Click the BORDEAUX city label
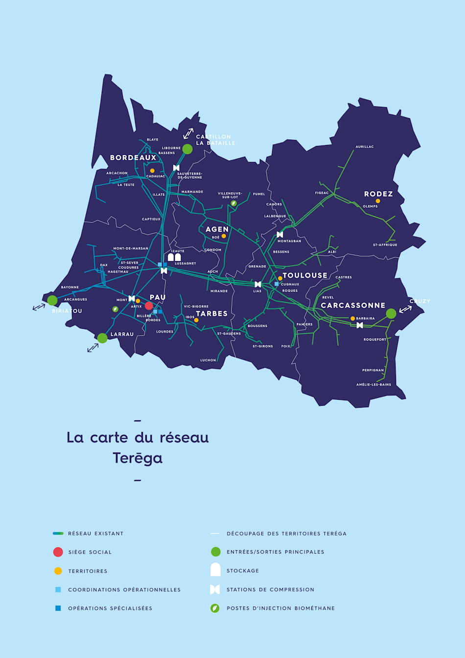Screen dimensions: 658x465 (133, 158)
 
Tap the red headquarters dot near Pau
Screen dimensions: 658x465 (149, 306)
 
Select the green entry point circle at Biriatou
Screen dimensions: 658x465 (52, 300)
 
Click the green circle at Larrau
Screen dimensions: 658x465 (102, 338)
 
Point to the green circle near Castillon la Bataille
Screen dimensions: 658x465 (187, 149)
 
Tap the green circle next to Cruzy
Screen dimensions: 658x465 (391, 314)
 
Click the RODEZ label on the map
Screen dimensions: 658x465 (378, 194)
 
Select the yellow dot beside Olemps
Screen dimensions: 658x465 (378, 201)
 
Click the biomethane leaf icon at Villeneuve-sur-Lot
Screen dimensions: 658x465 (234, 203)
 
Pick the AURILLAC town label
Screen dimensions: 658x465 (365, 146)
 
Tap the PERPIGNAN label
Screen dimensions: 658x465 (373, 370)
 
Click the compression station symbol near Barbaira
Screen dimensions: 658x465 (360, 325)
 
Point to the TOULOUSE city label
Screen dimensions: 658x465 (305, 275)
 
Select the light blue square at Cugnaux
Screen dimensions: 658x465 (277, 284)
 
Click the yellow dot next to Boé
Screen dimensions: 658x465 (224, 236)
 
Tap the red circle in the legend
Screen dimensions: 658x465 (58, 552)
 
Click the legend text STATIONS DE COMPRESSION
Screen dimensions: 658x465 (270, 589)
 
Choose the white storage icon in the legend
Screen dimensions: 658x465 (215, 570)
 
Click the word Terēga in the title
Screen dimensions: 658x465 (138, 458)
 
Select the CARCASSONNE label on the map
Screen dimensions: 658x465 (353, 305)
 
